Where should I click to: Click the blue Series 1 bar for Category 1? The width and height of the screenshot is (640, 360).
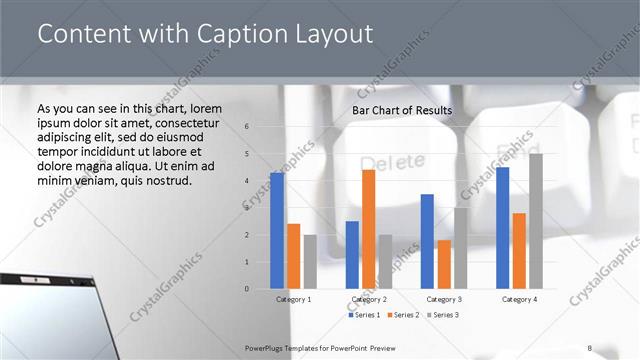(x=276, y=230)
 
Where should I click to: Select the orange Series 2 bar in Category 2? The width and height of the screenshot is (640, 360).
(x=368, y=229)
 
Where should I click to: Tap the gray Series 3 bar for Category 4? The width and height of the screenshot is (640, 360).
(x=536, y=221)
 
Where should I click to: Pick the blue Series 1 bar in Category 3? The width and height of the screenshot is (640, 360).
(x=427, y=241)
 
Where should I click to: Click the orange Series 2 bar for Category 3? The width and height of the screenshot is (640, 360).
(x=444, y=264)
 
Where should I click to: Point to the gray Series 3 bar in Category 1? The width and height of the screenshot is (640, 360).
(x=310, y=261)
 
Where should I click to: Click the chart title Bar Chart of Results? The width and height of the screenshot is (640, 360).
(x=402, y=110)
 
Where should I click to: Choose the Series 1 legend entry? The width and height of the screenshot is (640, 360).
(x=363, y=315)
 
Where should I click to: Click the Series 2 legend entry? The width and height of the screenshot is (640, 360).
(x=402, y=315)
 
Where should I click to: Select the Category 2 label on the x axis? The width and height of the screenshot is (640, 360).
(x=368, y=299)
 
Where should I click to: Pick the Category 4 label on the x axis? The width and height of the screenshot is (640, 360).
(x=519, y=299)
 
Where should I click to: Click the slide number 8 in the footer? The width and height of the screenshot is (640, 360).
(x=589, y=347)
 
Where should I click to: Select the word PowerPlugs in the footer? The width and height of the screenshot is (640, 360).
(x=265, y=347)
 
